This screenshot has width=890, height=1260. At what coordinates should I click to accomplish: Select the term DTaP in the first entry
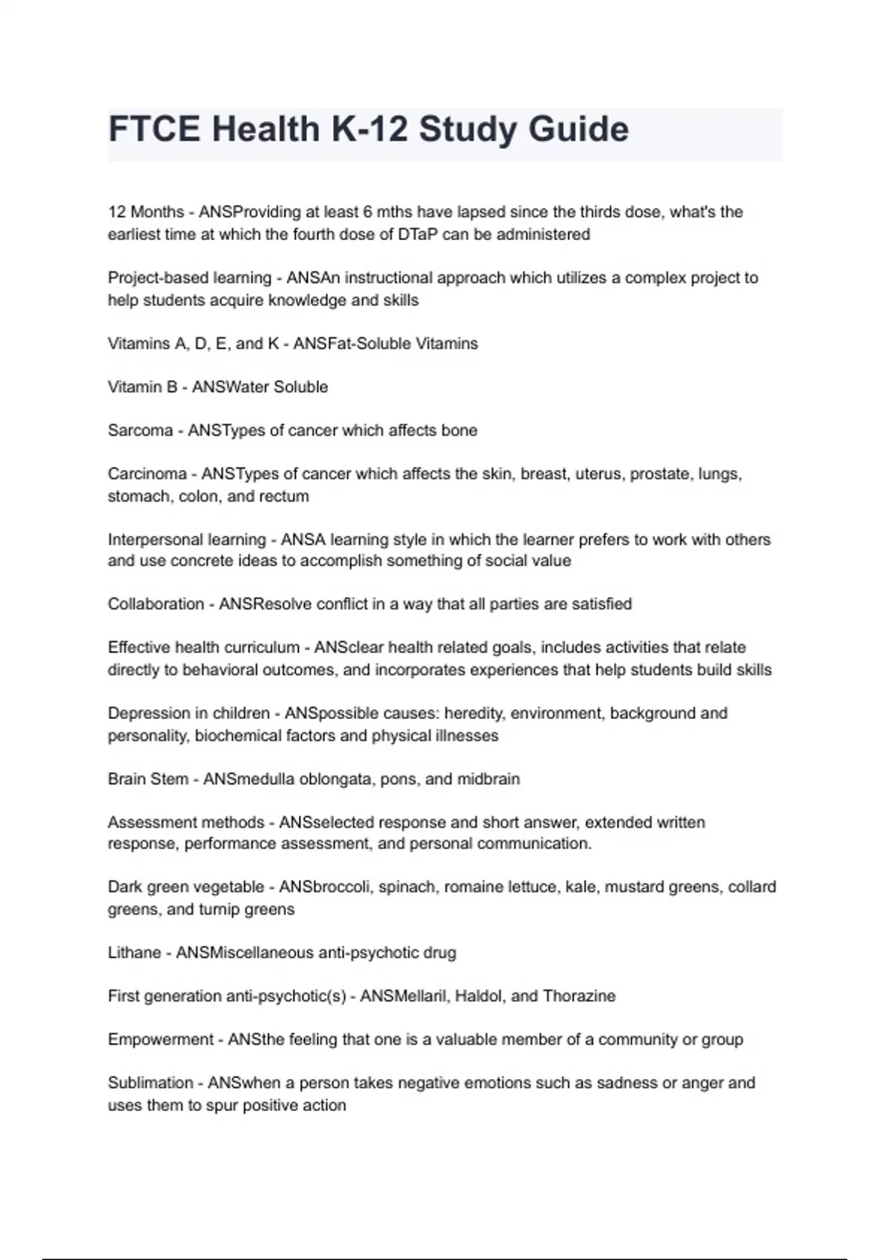(418, 234)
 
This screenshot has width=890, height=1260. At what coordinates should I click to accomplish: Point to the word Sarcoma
(140, 431)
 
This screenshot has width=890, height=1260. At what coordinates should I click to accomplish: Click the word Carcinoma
(148, 474)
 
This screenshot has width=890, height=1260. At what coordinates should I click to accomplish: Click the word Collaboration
(156, 604)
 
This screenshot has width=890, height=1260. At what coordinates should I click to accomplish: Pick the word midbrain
(488, 779)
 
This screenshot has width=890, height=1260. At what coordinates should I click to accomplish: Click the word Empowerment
(161, 1040)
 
